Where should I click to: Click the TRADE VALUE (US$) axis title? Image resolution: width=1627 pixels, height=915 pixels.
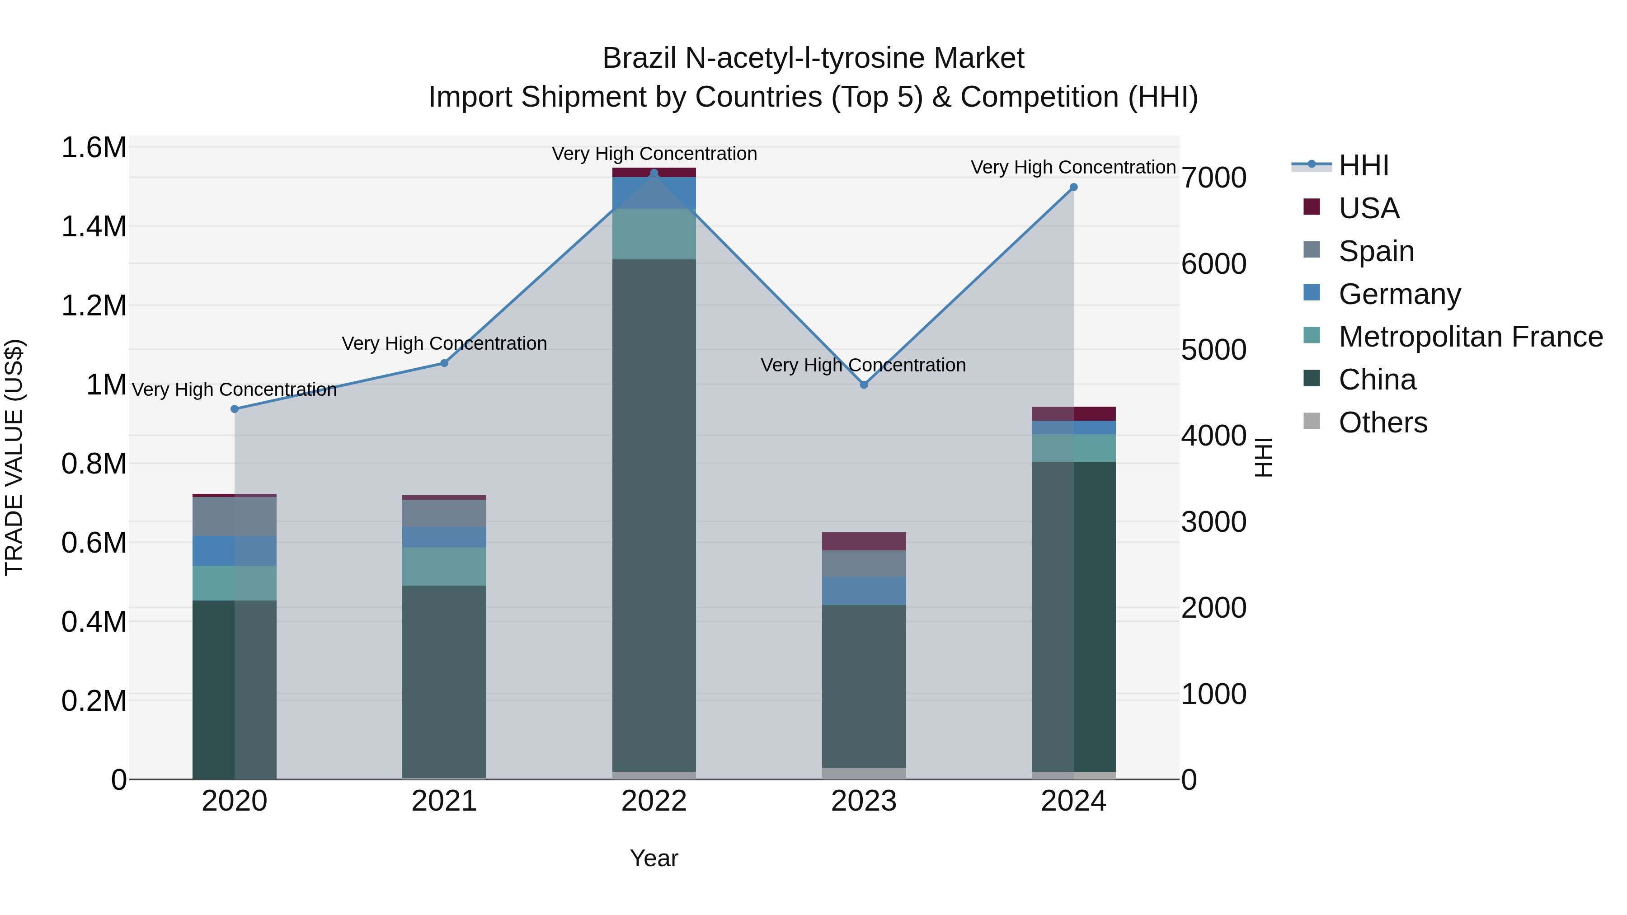14,457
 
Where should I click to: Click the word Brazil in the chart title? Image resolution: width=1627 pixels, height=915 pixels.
639,58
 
